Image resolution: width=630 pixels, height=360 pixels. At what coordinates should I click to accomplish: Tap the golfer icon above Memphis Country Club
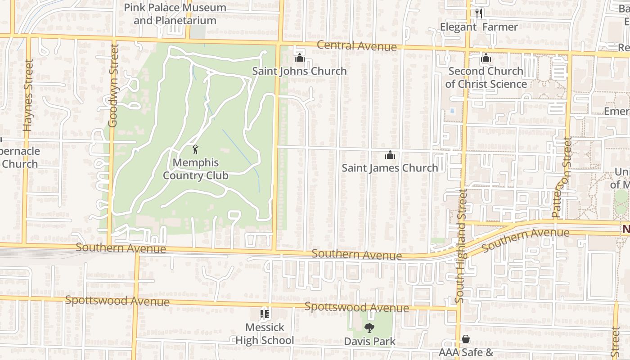point(195,149)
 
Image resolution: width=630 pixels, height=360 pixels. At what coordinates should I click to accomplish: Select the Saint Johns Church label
point(299,71)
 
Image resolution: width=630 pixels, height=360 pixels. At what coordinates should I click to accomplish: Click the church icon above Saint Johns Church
point(299,58)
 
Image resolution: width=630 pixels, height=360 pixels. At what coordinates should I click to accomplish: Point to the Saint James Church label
point(390,168)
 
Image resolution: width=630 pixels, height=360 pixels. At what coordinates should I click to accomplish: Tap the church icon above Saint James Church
point(390,155)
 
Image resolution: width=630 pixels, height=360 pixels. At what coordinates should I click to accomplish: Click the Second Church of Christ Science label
point(486,77)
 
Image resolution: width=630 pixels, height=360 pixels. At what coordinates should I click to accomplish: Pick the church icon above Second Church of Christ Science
point(486,58)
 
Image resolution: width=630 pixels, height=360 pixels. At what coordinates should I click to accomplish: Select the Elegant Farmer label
point(479,27)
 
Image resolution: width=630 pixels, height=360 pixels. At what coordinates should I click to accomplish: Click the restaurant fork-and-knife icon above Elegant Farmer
point(479,13)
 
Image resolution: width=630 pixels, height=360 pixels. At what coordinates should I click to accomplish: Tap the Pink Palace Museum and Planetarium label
point(175,14)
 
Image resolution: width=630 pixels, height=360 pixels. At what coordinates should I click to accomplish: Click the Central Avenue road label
point(357,45)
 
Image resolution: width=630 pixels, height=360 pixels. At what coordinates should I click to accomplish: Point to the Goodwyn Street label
point(113,85)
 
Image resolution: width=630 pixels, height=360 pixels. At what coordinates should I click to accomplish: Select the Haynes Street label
point(29,95)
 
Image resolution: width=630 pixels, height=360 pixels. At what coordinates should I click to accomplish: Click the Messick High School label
point(265,333)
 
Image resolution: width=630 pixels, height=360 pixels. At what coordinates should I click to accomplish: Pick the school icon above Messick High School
point(265,314)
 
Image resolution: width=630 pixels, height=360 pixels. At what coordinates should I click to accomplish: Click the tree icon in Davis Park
point(369,328)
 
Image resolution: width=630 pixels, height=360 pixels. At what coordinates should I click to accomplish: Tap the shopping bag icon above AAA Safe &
point(466,339)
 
